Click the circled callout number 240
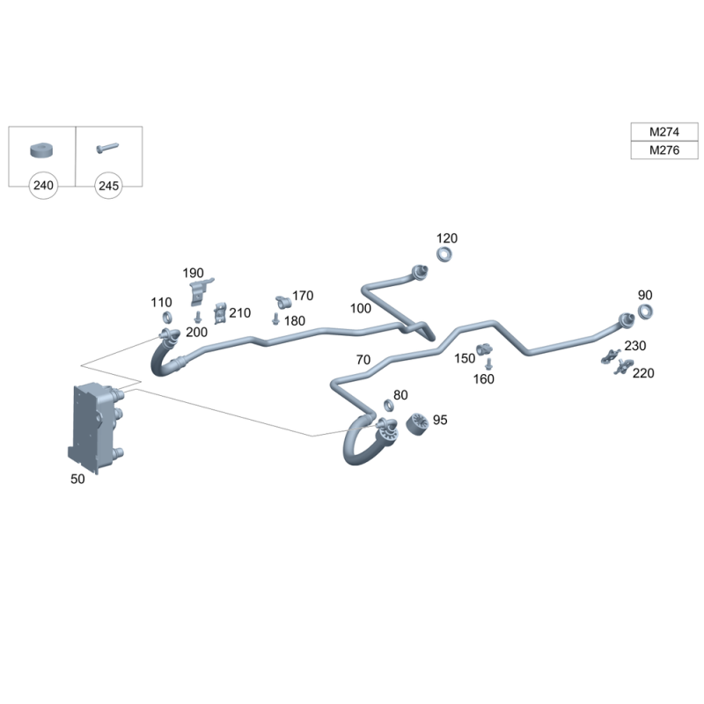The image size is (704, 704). click(x=42, y=186)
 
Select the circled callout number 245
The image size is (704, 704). click(x=108, y=186)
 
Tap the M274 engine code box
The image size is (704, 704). click(x=664, y=132)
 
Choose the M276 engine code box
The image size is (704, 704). click(x=664, y=150)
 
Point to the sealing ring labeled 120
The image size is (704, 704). click(x=444, y=255)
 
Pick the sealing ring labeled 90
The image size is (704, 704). click(x=645, y=312)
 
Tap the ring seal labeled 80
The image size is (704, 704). click(x=388, y=406)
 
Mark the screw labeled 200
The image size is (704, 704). click(x=198, y=316)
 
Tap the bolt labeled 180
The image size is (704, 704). click(x=275, y=319)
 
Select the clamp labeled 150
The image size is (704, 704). click(x=484, y=349)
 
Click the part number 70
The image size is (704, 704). click(x=363, y=359)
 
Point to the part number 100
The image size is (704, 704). click(x=361, y=309)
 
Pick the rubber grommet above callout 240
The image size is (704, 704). click(x=40, y=148)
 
